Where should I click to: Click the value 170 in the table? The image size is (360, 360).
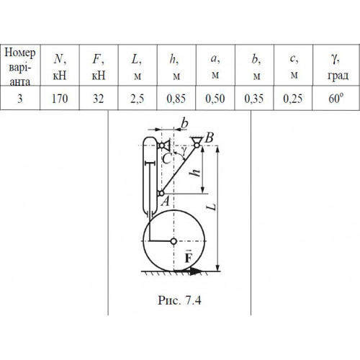tap(60, 99)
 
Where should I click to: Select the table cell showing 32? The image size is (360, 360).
tap(99, 99)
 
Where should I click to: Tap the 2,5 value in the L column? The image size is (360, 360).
tap(138, 99)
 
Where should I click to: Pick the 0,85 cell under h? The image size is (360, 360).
tap(176, 99)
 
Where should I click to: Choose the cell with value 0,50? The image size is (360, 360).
tap(215, 99)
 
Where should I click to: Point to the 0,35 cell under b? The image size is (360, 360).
tap(254, 99)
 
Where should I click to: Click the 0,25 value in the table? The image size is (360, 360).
tap(293, 99)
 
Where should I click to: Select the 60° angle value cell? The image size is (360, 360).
tap(336, 99)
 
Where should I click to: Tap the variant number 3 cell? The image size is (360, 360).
tap(20, 99)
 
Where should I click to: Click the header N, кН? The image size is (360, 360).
tap(60, 67)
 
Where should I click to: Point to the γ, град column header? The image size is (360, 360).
tap(338, 67)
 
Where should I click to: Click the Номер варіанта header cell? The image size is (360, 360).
tap(20, 66)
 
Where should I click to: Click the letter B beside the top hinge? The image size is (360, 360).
tap(209, 138)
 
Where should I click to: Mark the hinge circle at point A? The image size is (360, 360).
tap(161, 193)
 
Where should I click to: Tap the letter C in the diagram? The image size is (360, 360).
tap(166, 159)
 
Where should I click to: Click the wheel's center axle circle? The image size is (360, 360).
tap(174, 241)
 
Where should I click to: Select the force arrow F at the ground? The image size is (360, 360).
tap(188, 271)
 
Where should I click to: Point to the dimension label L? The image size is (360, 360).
tap(212, 207)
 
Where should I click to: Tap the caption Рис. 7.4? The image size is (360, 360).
tap(179, 300)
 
